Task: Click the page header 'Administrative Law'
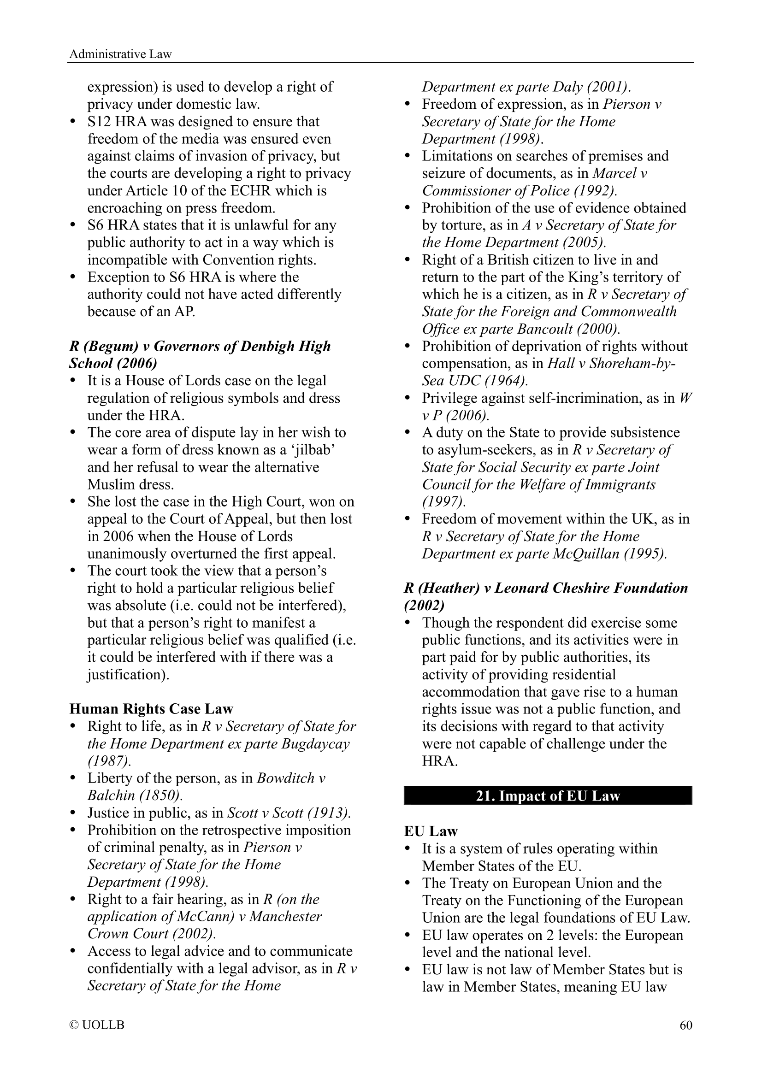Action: pos(121,54)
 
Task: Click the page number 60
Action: pos(686,1025)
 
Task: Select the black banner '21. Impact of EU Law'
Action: pos(548,796)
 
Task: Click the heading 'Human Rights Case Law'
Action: pos(151,709)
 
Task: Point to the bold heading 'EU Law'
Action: pos(431,831)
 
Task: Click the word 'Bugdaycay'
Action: pos(316,744)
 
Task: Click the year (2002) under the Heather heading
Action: pos(425,605)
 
